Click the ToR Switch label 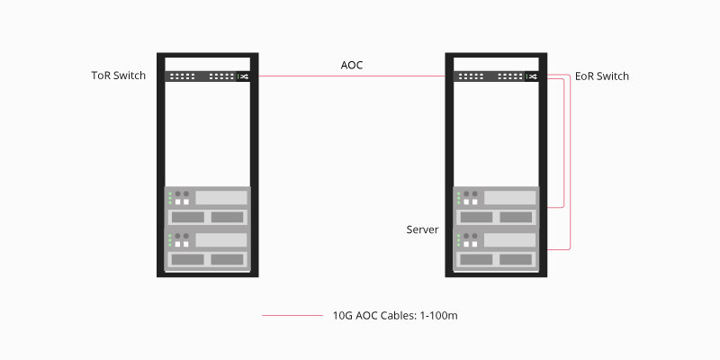pos(118,76)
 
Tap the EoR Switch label pos(602,76)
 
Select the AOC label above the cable pos(352,65)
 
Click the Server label pos(422,230)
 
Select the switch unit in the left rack pos(207,76)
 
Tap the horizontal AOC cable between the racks pos(351,76)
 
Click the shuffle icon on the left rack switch pos(243,76)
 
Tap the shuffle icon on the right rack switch pos(533,76)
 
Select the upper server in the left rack pos(207,207)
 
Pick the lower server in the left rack pos(207,250)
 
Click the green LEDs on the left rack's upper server pos(169,198)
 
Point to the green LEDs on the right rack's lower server pos(460,241)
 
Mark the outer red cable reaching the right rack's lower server pos(571,162)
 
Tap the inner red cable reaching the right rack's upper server pos(563,144)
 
